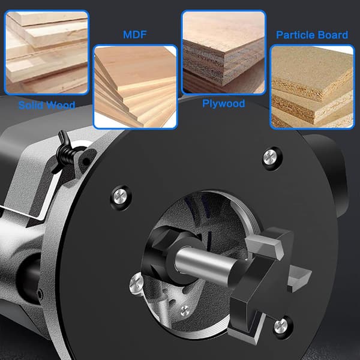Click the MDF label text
click(135, 35)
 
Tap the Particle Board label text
click(312, 35)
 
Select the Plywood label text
click(224, 104)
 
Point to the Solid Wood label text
click(47, 106)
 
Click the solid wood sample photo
click(47, 52)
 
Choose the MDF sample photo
click(135, 86)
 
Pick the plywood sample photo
click(224, 52)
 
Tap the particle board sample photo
click(312, 86)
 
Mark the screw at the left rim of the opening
click(136, 283)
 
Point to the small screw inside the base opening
click(185, 310)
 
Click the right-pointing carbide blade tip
click(299, 278)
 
